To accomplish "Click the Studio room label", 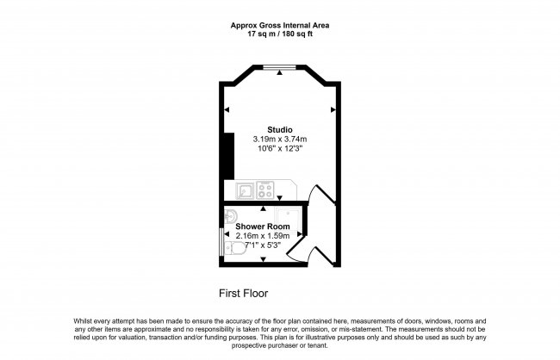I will [x=280, y=129].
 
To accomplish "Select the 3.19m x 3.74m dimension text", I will [x=280, y=139].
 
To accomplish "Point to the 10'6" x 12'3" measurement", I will [x=280, y=148].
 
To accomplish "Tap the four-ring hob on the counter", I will [x=266, y=189].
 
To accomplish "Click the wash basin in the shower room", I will [x=229, y=215].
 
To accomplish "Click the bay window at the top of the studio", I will [x=280, y=67].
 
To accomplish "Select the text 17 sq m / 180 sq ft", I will [x=280, y=34].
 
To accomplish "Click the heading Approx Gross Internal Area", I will [x=280, y=25].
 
